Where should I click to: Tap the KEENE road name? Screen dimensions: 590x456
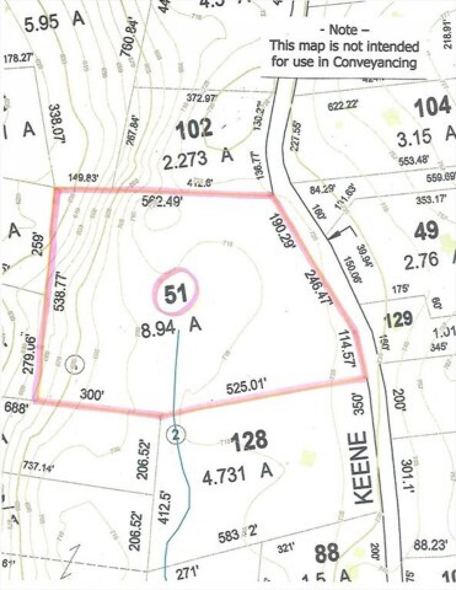pyautogui.click(x=364, y=468)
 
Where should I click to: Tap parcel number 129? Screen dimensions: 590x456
pyautogui.click(x=398, y=319)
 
